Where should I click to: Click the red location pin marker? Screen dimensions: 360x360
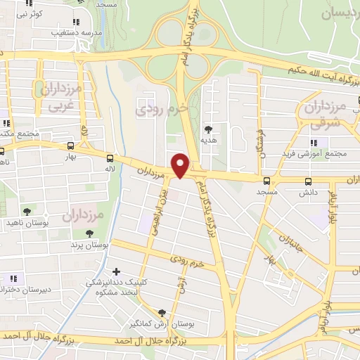(x=181, y=165)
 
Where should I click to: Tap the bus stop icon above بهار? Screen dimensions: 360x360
(x=70, y=146)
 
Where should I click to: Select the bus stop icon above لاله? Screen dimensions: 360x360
(x=109, y=158)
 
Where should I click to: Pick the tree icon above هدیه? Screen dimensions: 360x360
(x=209, y=129)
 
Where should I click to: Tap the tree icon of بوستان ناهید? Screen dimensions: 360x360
(x=27, y=212)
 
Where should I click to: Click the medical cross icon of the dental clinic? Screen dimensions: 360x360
(x=116, y=271)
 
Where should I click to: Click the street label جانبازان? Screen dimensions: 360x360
(x=289, y=238)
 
